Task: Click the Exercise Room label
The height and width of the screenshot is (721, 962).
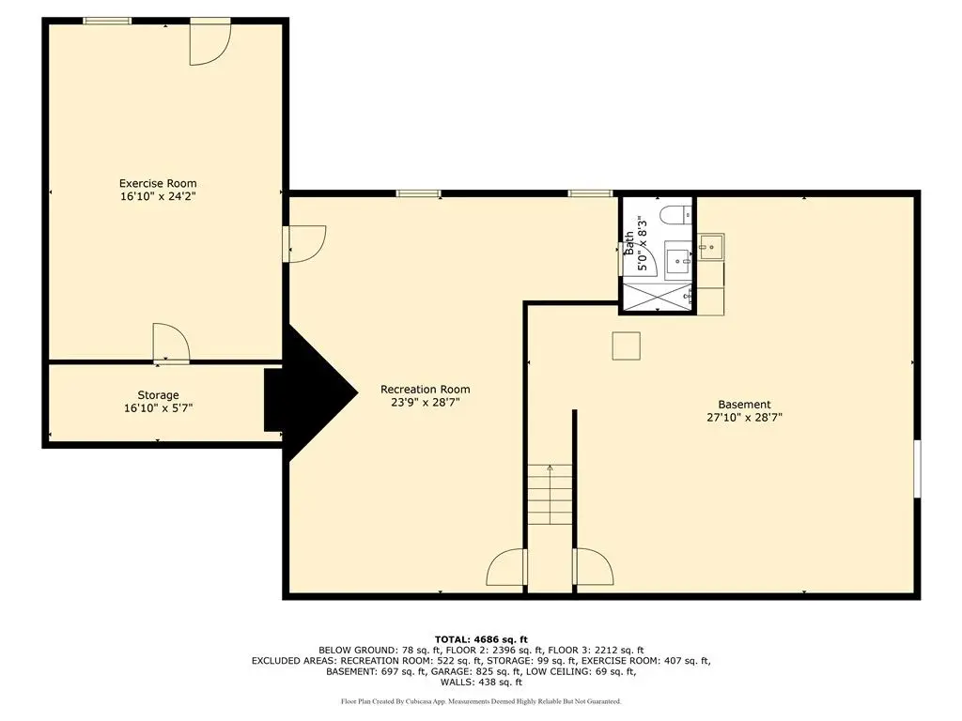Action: click(158, 183)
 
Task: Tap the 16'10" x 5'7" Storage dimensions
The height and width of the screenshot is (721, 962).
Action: click(158, 408)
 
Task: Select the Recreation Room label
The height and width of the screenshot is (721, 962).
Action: click(426, 390)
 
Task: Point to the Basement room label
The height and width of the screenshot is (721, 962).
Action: click(744, 405)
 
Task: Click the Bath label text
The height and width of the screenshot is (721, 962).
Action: click(629, 243)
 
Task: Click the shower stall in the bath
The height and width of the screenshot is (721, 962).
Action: click(658, 296)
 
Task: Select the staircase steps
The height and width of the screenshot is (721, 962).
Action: click(551, 495)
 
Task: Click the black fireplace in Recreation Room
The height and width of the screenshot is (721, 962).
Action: click(311, 392)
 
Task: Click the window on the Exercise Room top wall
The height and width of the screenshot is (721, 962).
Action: click(107, 22)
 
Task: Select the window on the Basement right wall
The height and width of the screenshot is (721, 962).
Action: click(917, 468)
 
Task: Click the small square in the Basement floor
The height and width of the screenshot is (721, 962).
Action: click(627, 345)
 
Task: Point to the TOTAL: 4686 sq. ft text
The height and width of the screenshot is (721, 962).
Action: click(481, 639)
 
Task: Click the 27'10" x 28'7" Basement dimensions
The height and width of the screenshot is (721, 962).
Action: click(744, 418)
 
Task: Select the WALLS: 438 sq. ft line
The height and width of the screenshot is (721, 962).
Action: click(481, 683)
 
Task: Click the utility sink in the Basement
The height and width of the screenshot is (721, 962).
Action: click(712, 247)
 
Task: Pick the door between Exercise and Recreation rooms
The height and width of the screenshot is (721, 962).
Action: click(305, 244)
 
